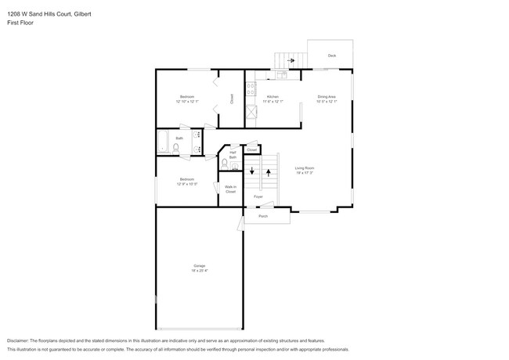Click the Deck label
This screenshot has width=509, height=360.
point(332,56)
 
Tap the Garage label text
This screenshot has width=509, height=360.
point(200,266)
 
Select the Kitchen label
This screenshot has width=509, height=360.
point(273,97)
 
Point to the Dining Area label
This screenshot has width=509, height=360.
point(327,97)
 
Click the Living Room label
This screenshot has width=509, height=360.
point(304,168)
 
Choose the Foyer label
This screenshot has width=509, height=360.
point(269,196)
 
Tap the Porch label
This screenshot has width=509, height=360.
point(263,216)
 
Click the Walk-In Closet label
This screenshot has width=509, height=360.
point(231,189)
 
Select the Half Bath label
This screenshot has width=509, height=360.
point(233,155)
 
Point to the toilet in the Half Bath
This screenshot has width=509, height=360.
point(226,164)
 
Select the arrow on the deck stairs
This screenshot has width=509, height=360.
point(291,60)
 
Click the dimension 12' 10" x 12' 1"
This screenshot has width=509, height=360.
point(188,102)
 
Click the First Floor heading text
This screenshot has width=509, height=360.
point(22,23)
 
